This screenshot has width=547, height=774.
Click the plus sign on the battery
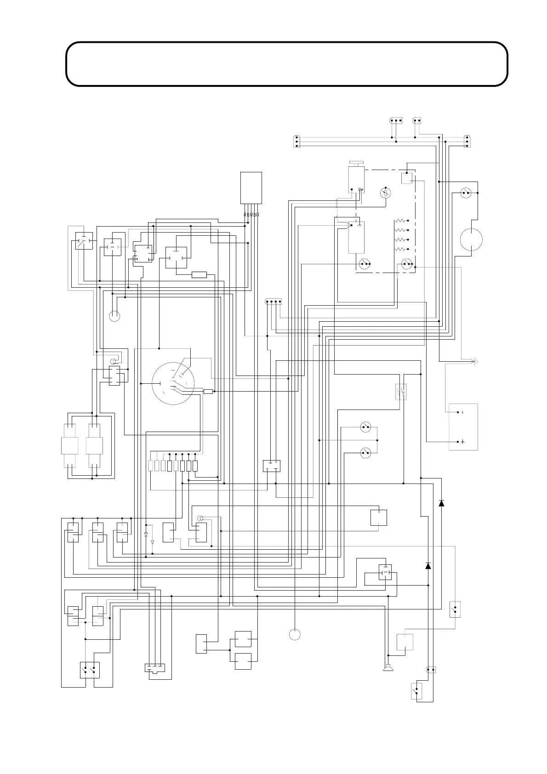tap(462, 442)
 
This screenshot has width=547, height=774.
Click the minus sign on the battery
tap(462, 412)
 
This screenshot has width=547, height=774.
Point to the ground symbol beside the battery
tap(477, 362)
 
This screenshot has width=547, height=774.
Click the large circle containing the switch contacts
tap(173, 384)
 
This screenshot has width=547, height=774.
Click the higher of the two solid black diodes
tap(441, 503)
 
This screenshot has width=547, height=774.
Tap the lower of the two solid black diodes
tap(428, 566)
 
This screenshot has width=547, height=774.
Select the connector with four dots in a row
tap(273, 302)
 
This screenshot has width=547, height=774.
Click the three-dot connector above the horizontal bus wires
tap(396, 121)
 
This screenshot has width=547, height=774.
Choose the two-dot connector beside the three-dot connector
tap(417, 121)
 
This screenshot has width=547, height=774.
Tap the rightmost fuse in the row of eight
tap(195, 466)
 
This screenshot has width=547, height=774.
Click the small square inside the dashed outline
tap(406, 178)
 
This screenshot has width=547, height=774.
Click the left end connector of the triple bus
tap(296, 141)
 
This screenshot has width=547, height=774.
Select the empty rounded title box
tap(286, 64)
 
